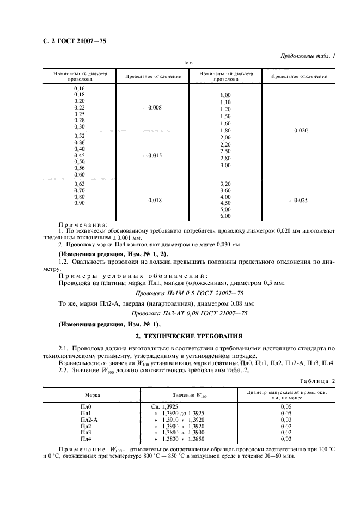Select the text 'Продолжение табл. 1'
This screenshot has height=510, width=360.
[308, 56]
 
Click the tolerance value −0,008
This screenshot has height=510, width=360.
[152, 107]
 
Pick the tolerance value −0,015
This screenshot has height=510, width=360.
[152, 155]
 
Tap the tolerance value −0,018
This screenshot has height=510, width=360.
[152, 200]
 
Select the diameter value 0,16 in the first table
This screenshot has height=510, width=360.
[80, 88]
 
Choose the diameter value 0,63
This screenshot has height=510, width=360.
[80, 184]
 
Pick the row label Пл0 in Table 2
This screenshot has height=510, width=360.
[87, 406]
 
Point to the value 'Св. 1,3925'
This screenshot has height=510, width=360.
[169, 406]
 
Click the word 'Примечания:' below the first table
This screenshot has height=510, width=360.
[83, 224]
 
